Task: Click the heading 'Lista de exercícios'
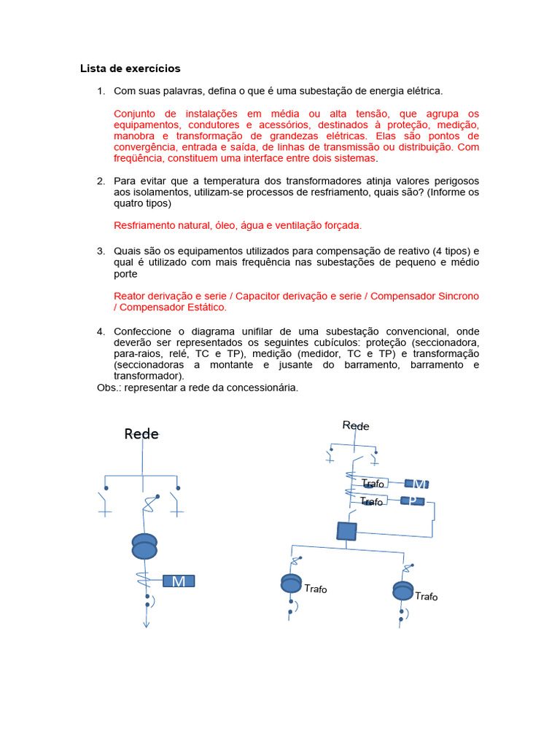point(130,69)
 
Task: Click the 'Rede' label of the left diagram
point(141,434)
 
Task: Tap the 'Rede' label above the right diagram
point(356,425)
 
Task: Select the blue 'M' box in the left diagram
point(179,581)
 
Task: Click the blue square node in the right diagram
point(346,531)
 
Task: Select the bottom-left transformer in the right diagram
point(291,584)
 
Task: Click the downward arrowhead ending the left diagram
point(146,623)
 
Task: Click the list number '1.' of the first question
point(101,91)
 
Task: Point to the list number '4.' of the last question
point(101,331)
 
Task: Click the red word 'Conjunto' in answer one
point(136,114)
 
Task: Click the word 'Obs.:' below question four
point(109,388)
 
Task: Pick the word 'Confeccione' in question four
point(144,331)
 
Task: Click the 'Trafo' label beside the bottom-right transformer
point(427,597)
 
